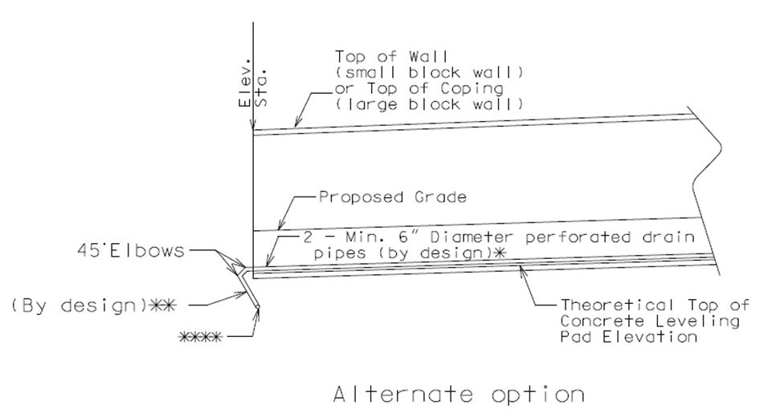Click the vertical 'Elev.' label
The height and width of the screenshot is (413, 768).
[244, 82]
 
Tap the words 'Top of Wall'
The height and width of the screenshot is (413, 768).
[391, 57]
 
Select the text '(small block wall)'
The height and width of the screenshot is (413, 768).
[429, 72]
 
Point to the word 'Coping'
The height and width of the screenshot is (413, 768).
[472, 89]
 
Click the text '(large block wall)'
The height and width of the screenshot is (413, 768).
[429, 104]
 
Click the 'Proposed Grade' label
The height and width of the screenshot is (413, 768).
[392, 197]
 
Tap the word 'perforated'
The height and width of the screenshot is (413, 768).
[578, 237]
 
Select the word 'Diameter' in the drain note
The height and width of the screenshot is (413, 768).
[472, 237]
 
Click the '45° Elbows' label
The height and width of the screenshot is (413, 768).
[131, 251]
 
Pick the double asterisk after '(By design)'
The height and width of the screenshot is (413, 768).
[161, 306]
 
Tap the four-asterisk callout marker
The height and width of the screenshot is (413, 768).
[200, 337]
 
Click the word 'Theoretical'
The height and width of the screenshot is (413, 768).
[617, 305]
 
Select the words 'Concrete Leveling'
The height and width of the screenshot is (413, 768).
[649, 321]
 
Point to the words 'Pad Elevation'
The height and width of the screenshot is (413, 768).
[629, 337]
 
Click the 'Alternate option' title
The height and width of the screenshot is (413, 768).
[459, 394]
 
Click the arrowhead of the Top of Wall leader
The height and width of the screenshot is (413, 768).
[296, 123]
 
